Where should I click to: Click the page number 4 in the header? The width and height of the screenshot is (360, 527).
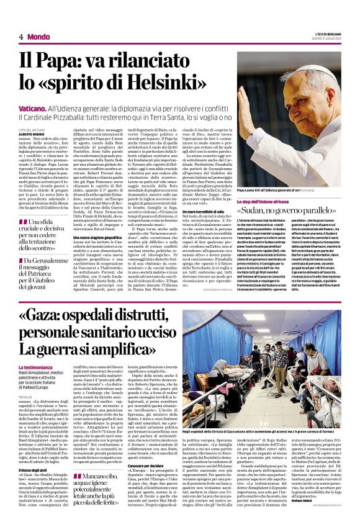tap(21, 37)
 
